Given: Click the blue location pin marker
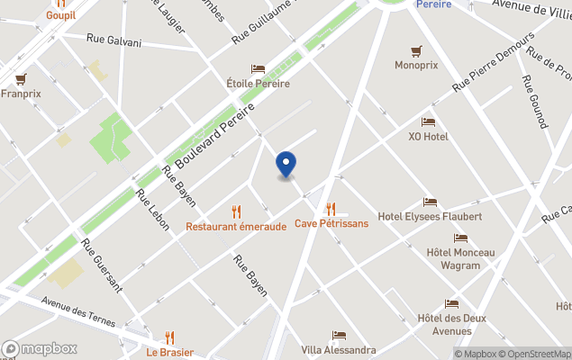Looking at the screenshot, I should (286, 164).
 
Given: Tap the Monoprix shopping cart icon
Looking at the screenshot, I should (416, 50).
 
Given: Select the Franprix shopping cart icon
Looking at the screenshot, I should (21, 79).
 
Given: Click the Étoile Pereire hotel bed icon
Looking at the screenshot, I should (258, 69).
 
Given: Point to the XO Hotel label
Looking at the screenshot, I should (428, 136).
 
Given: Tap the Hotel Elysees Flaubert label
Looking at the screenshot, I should (430, 216).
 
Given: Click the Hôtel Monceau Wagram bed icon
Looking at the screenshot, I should (460, 238).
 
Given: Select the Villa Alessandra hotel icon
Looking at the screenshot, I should (339, 336).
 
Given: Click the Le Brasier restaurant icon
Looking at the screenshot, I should (169, 337).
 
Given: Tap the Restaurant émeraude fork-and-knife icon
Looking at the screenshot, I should (237, 211).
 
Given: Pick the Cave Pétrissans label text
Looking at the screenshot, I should (331, 223).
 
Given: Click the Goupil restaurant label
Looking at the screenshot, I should (60, 15).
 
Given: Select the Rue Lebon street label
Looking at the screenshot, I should (152, 209).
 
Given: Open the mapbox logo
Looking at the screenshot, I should (40, 348).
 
